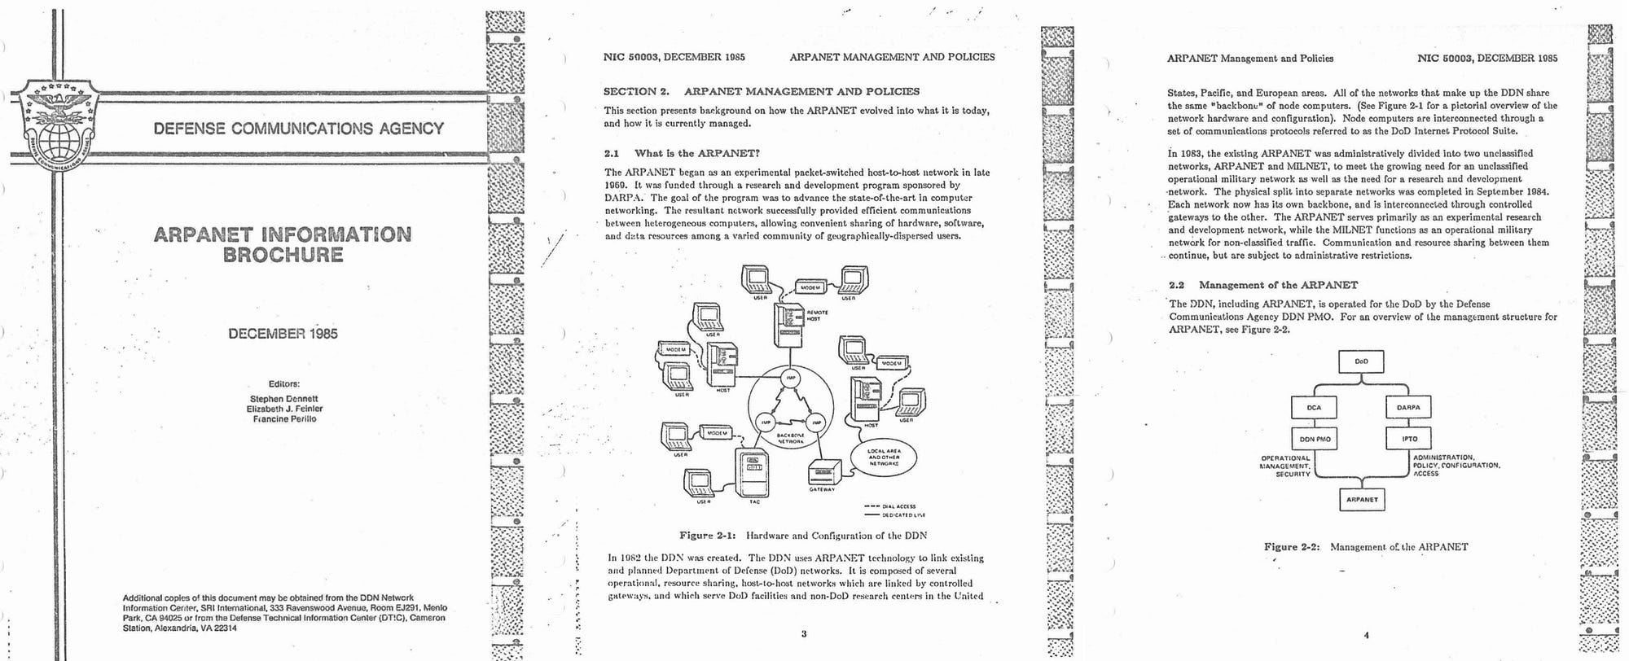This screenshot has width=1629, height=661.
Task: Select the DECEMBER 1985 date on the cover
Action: coord(283,334)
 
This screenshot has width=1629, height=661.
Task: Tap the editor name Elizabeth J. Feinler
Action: coord(284,409)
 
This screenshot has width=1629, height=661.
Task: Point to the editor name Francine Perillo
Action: coord(284,419)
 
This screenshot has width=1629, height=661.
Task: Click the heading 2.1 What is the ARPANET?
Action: coord(682,153)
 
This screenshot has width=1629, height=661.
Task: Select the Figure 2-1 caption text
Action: coord(803,536)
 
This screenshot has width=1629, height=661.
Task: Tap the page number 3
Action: coord(804,633)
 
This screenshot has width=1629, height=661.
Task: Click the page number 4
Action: coord(1366,635)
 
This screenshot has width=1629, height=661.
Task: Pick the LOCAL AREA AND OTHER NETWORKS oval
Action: coord(883,457)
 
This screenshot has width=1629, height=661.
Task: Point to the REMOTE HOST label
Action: coord(817,316)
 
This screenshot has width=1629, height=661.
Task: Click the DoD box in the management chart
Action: coord(1361,361)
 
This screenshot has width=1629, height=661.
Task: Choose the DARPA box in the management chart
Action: coord(1408,408)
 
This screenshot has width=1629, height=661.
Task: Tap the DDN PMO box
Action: coord(1315,439)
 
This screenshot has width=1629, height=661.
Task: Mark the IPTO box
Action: coord(1408,439)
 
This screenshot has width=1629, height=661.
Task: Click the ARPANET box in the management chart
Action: coord(1361,499)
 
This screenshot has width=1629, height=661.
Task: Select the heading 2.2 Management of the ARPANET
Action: coord(1263,285)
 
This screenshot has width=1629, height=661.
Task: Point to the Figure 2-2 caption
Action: coord(1366,547)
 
